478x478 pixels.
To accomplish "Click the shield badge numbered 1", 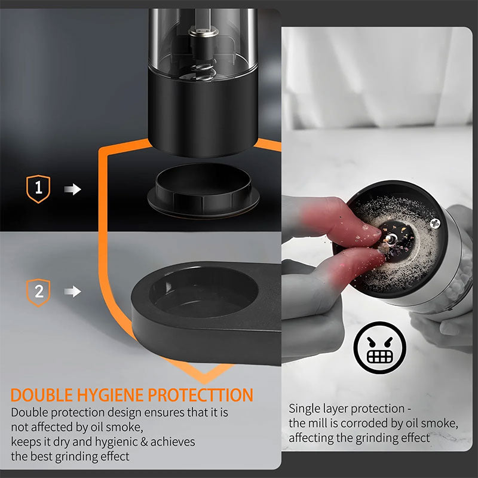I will pyautogui.click(x=38, y=189).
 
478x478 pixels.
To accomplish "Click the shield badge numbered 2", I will pyautogui.click(x=38, y=292).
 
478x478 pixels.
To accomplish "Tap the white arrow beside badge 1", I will pyautogui.click(x=72, y=189).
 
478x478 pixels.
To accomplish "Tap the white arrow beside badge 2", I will pyautogui.click(x=72, y=292).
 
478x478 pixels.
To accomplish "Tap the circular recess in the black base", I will pyautogui.click(x=203, y=292).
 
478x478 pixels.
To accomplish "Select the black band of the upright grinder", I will pyautogui.click(x=203, y=111).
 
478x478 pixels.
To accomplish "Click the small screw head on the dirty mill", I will pyautogui.click(x=434, y=223).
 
